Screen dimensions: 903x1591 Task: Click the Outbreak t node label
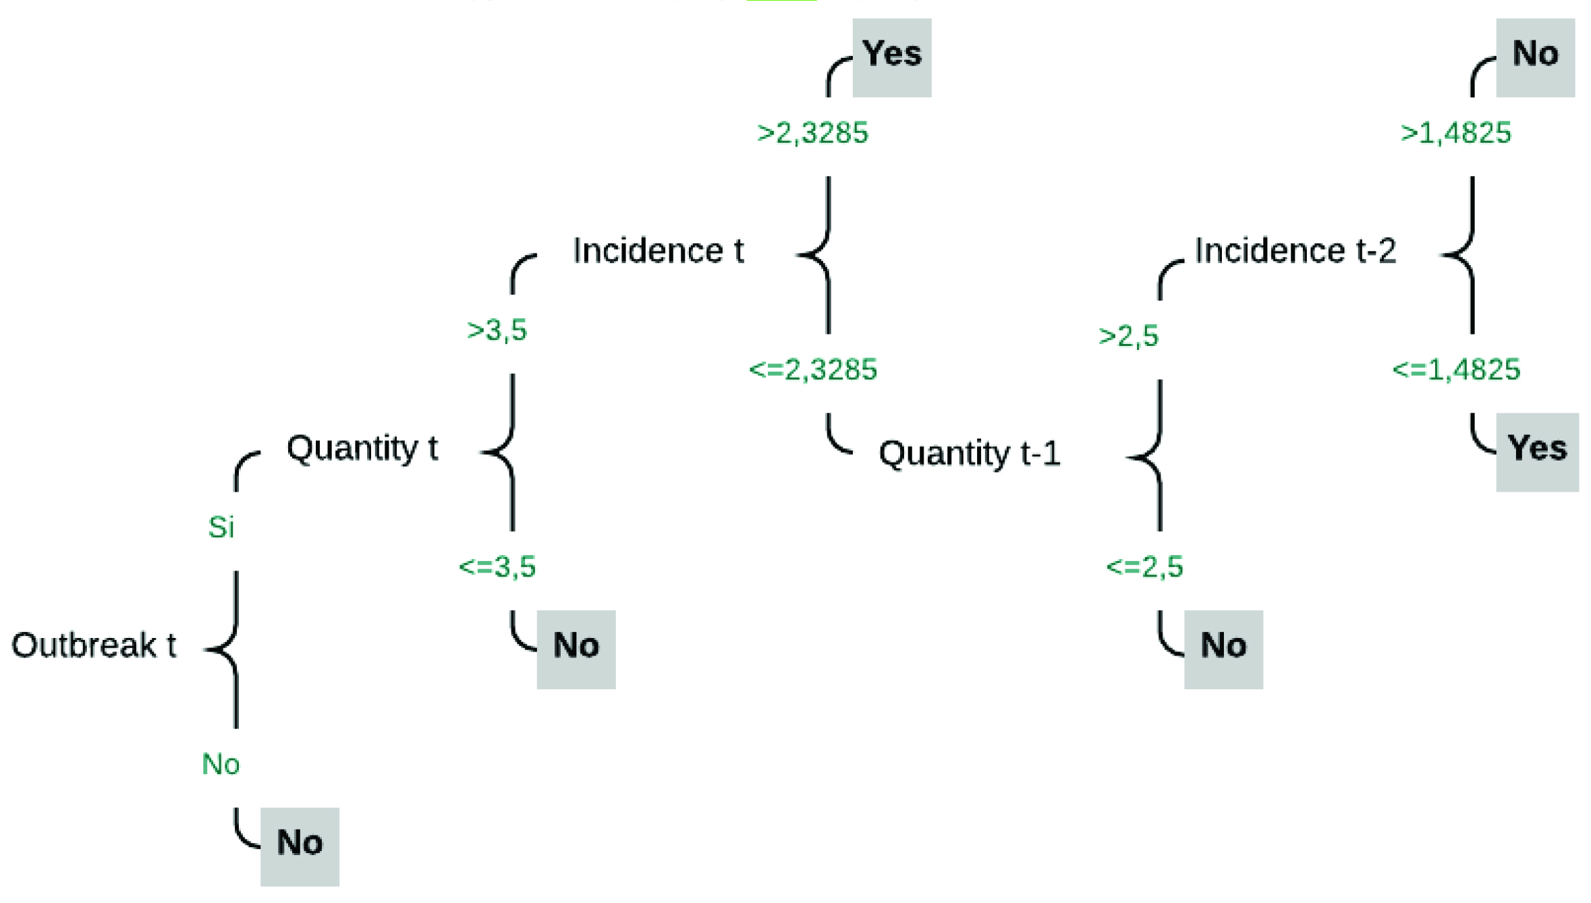coord(94,645)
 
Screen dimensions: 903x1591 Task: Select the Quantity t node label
coord(362,448)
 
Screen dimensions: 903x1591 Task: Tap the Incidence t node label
coord(658,251)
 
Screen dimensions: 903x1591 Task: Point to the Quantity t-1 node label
coord(970,453)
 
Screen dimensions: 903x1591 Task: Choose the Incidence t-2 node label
coord(1295,251)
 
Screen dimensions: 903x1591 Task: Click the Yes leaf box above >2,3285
coord(892,58)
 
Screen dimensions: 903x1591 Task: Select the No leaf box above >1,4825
coord(1536,58)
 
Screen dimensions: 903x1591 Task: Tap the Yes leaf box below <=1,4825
coord(1537,453)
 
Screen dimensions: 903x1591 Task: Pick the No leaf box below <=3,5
coord(576,649)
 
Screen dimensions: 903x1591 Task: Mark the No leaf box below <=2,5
coord(1223,649)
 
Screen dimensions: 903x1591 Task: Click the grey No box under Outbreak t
coord(300,846)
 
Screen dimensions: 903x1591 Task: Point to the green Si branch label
coord(221,527)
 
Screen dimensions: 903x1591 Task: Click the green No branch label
coord(221,764)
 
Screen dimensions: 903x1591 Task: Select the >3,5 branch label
coord(497,330)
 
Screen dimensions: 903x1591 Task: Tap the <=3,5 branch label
coord(497,566)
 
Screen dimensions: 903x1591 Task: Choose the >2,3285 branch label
coord(813,133)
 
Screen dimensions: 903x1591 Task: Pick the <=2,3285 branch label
coord(813,370)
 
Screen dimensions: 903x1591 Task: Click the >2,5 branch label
coord(1129,336)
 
